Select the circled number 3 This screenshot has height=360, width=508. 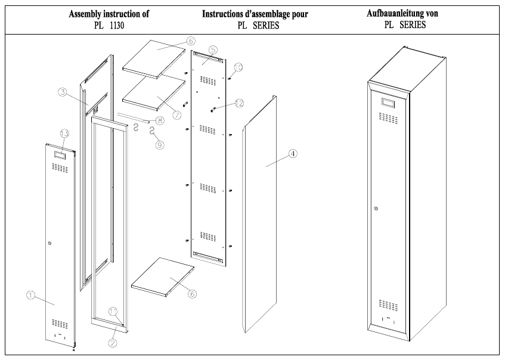[x=62, y=92]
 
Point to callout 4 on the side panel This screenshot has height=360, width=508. [x=293, y=153]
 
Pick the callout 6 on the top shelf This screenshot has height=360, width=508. [x=190, y=41]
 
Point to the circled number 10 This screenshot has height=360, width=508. [x=114, y=311]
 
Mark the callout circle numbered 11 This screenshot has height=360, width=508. [x=239, y=103]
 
